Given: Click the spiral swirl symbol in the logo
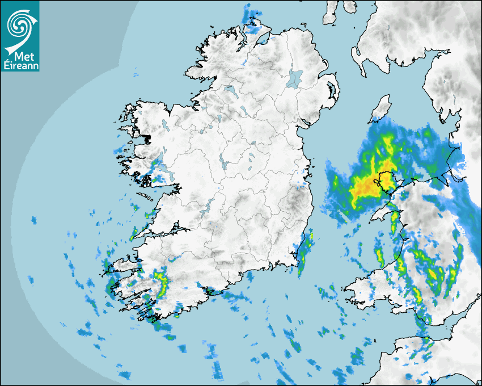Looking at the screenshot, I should (x=20, y=24).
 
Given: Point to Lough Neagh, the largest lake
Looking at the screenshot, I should (x=294, y=78).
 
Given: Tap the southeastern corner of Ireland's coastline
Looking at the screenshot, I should (x=298, y=259).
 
